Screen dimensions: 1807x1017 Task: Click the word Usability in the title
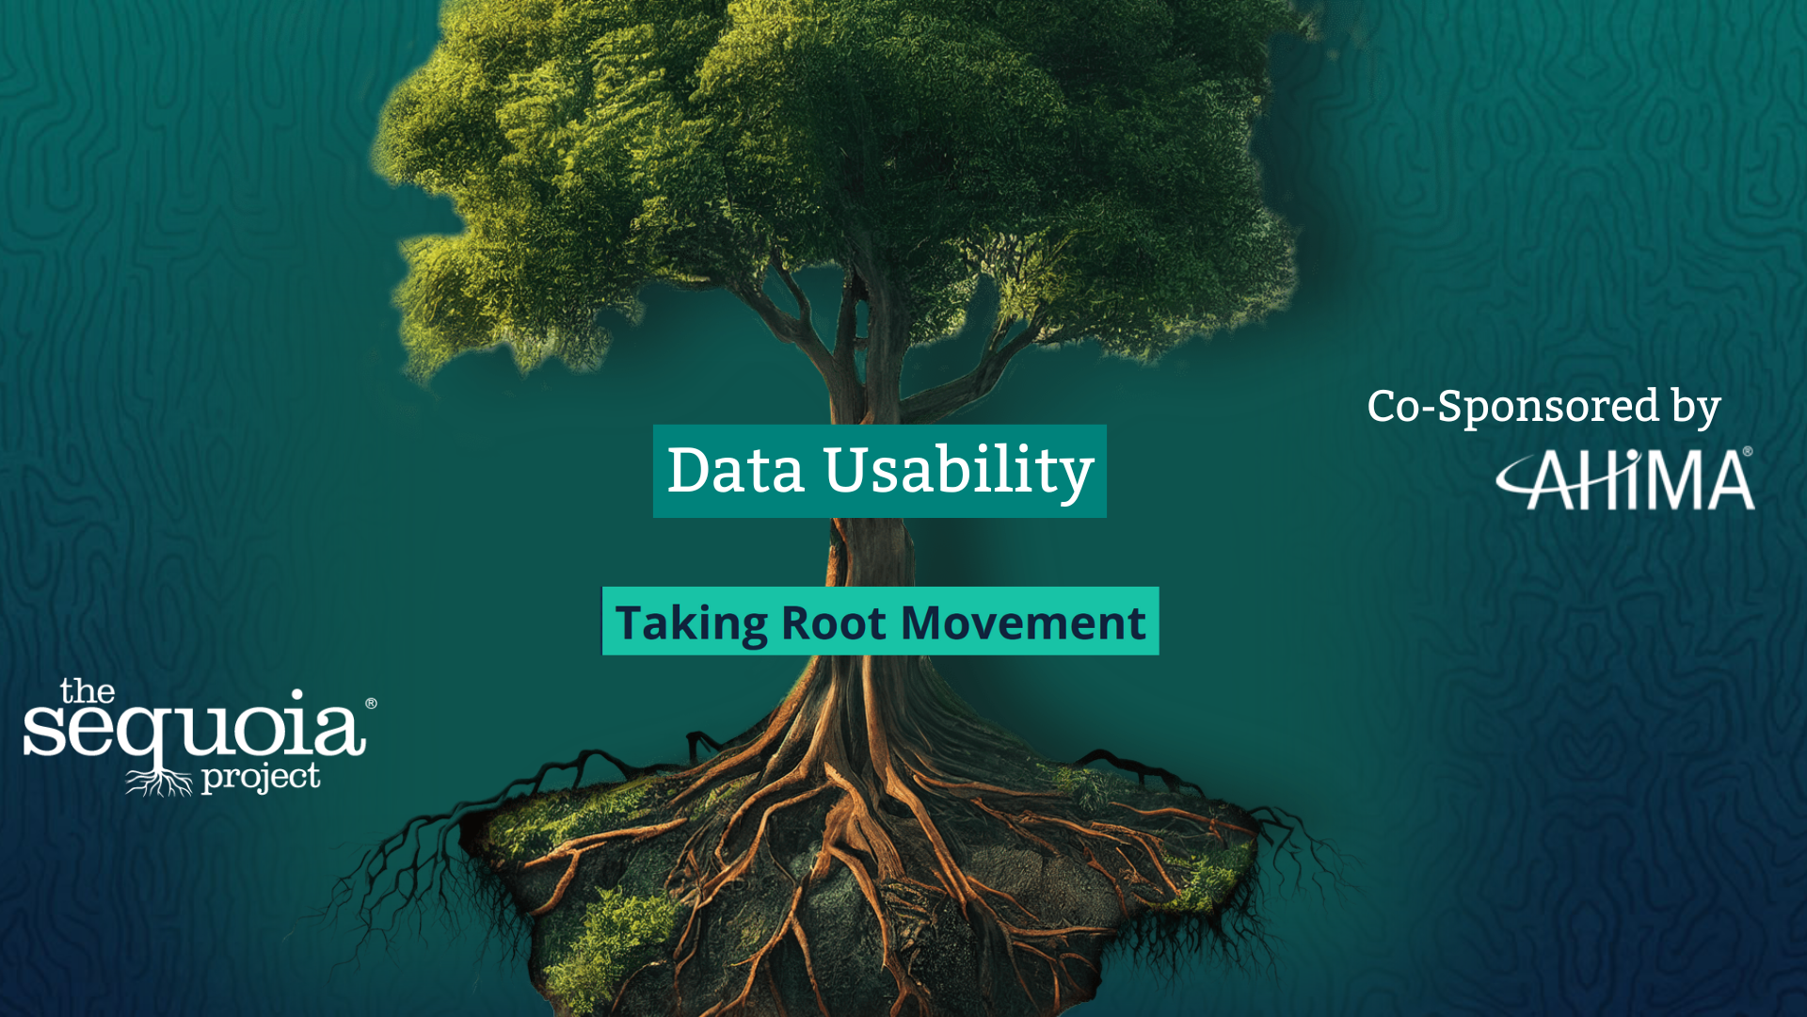[958, 474]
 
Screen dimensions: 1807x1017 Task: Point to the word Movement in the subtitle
[1023, 623]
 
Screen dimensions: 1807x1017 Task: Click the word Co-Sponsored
[1513, 408]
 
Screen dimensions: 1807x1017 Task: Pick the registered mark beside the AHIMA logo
[1748, 451]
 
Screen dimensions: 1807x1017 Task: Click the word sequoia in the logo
[194, 733]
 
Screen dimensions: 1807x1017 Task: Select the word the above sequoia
[88, 691]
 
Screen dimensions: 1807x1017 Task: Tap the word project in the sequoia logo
[261, 779]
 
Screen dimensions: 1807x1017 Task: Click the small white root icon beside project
[159, 782]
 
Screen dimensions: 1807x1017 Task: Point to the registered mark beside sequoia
[371, 703]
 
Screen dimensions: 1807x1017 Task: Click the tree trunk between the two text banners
[868, 552]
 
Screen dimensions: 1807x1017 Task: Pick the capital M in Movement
[926, 623]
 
